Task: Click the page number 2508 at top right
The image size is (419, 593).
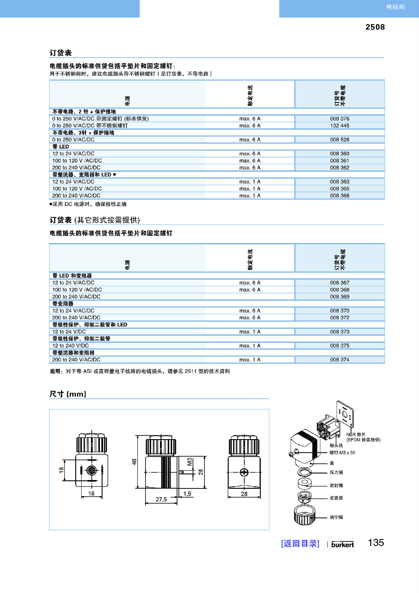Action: [375, 27]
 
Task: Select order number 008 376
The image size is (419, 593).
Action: [340, 119]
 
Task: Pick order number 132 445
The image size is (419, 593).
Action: [340, 126]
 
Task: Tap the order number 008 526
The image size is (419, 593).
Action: [340, 140]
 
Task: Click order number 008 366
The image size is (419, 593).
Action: [340, 196]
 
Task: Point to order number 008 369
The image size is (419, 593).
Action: [340, 297]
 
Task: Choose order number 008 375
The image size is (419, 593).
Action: [340, 346]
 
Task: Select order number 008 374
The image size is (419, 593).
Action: [340, 360]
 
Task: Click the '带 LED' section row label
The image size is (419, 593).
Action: [61, 147]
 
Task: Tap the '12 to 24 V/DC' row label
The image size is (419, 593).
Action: [69, 332]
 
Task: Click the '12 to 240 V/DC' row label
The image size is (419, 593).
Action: [71, 346]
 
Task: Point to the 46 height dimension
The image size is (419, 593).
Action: [134, 462]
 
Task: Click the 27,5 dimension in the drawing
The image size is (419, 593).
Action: [161, 499]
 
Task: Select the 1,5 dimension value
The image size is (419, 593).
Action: [187, 494]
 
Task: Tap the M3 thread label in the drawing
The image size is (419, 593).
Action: [190, 462]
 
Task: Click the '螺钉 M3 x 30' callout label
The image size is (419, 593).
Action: [342, 453]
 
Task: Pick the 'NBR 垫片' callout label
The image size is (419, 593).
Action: [356, 434]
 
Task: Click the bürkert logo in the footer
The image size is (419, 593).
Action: [343, 544]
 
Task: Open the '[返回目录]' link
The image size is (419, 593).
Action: [300, 543]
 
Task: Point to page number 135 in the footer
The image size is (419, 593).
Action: [376, 543]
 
